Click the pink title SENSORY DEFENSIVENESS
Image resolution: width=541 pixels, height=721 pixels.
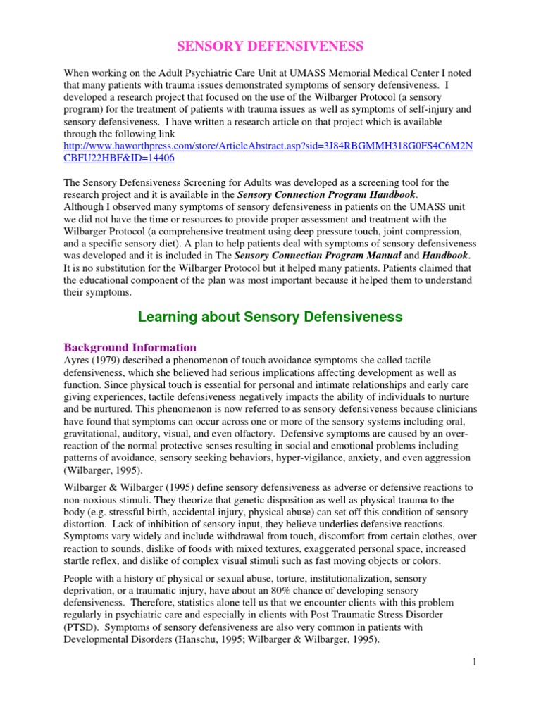pyautogui.click(x=270, y=46)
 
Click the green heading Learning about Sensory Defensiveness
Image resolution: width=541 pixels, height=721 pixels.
pyautogui.click(x=270, y=317)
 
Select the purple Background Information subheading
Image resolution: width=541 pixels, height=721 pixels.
pyautogui.click(x=130, y=347)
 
